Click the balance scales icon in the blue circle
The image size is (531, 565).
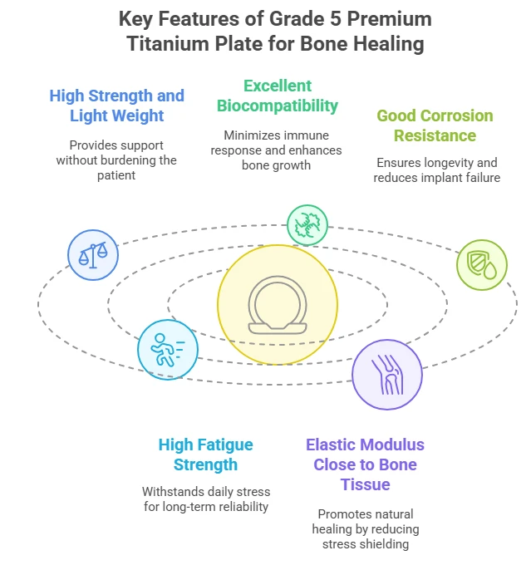[x=93, y=255]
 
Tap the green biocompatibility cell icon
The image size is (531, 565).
[x=307, y=225]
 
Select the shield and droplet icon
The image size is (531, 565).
[x=482, y=266]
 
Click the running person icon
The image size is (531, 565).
[x=168, y=350]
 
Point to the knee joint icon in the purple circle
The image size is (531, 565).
[x=387, y=375]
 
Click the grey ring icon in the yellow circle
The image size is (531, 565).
[x=278, y=305]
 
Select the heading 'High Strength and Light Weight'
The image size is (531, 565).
[x=117, y=106]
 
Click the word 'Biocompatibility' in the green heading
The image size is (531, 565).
[x=278, y=106]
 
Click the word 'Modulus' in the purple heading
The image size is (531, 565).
[x=394, y=445]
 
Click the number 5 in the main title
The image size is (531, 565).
[x=336, y=19]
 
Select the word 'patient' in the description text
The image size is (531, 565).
[x=116, y=176]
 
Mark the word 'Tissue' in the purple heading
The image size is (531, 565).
[x=365, y=484]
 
